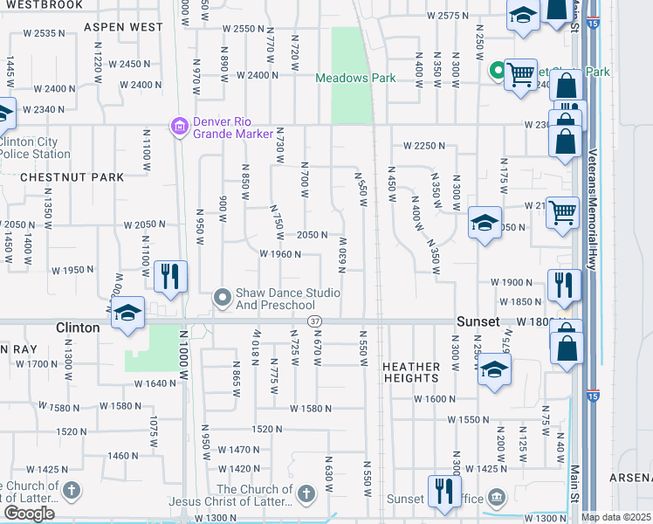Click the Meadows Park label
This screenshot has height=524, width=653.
click(x=355, y=78)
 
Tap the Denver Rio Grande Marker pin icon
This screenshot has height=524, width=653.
click(x=179, y=127)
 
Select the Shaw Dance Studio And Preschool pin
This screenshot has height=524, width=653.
click(x=223, y=299)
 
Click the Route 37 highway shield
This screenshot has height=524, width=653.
click(x=313, y=322)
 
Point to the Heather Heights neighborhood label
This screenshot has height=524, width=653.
click(x=410, y=372)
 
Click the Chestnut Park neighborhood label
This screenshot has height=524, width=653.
click(x=72, y=177)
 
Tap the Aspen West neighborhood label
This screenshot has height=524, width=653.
click(x=123, y=27)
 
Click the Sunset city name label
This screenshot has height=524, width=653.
click(x=478, y=321)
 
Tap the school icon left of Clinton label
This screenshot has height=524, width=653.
click(x=127, y=314)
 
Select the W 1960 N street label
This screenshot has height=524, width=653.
click(x=280, y=255)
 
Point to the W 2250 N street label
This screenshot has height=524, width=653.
click(x=423, y=146)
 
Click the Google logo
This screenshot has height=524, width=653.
click(x=29, y=514)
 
